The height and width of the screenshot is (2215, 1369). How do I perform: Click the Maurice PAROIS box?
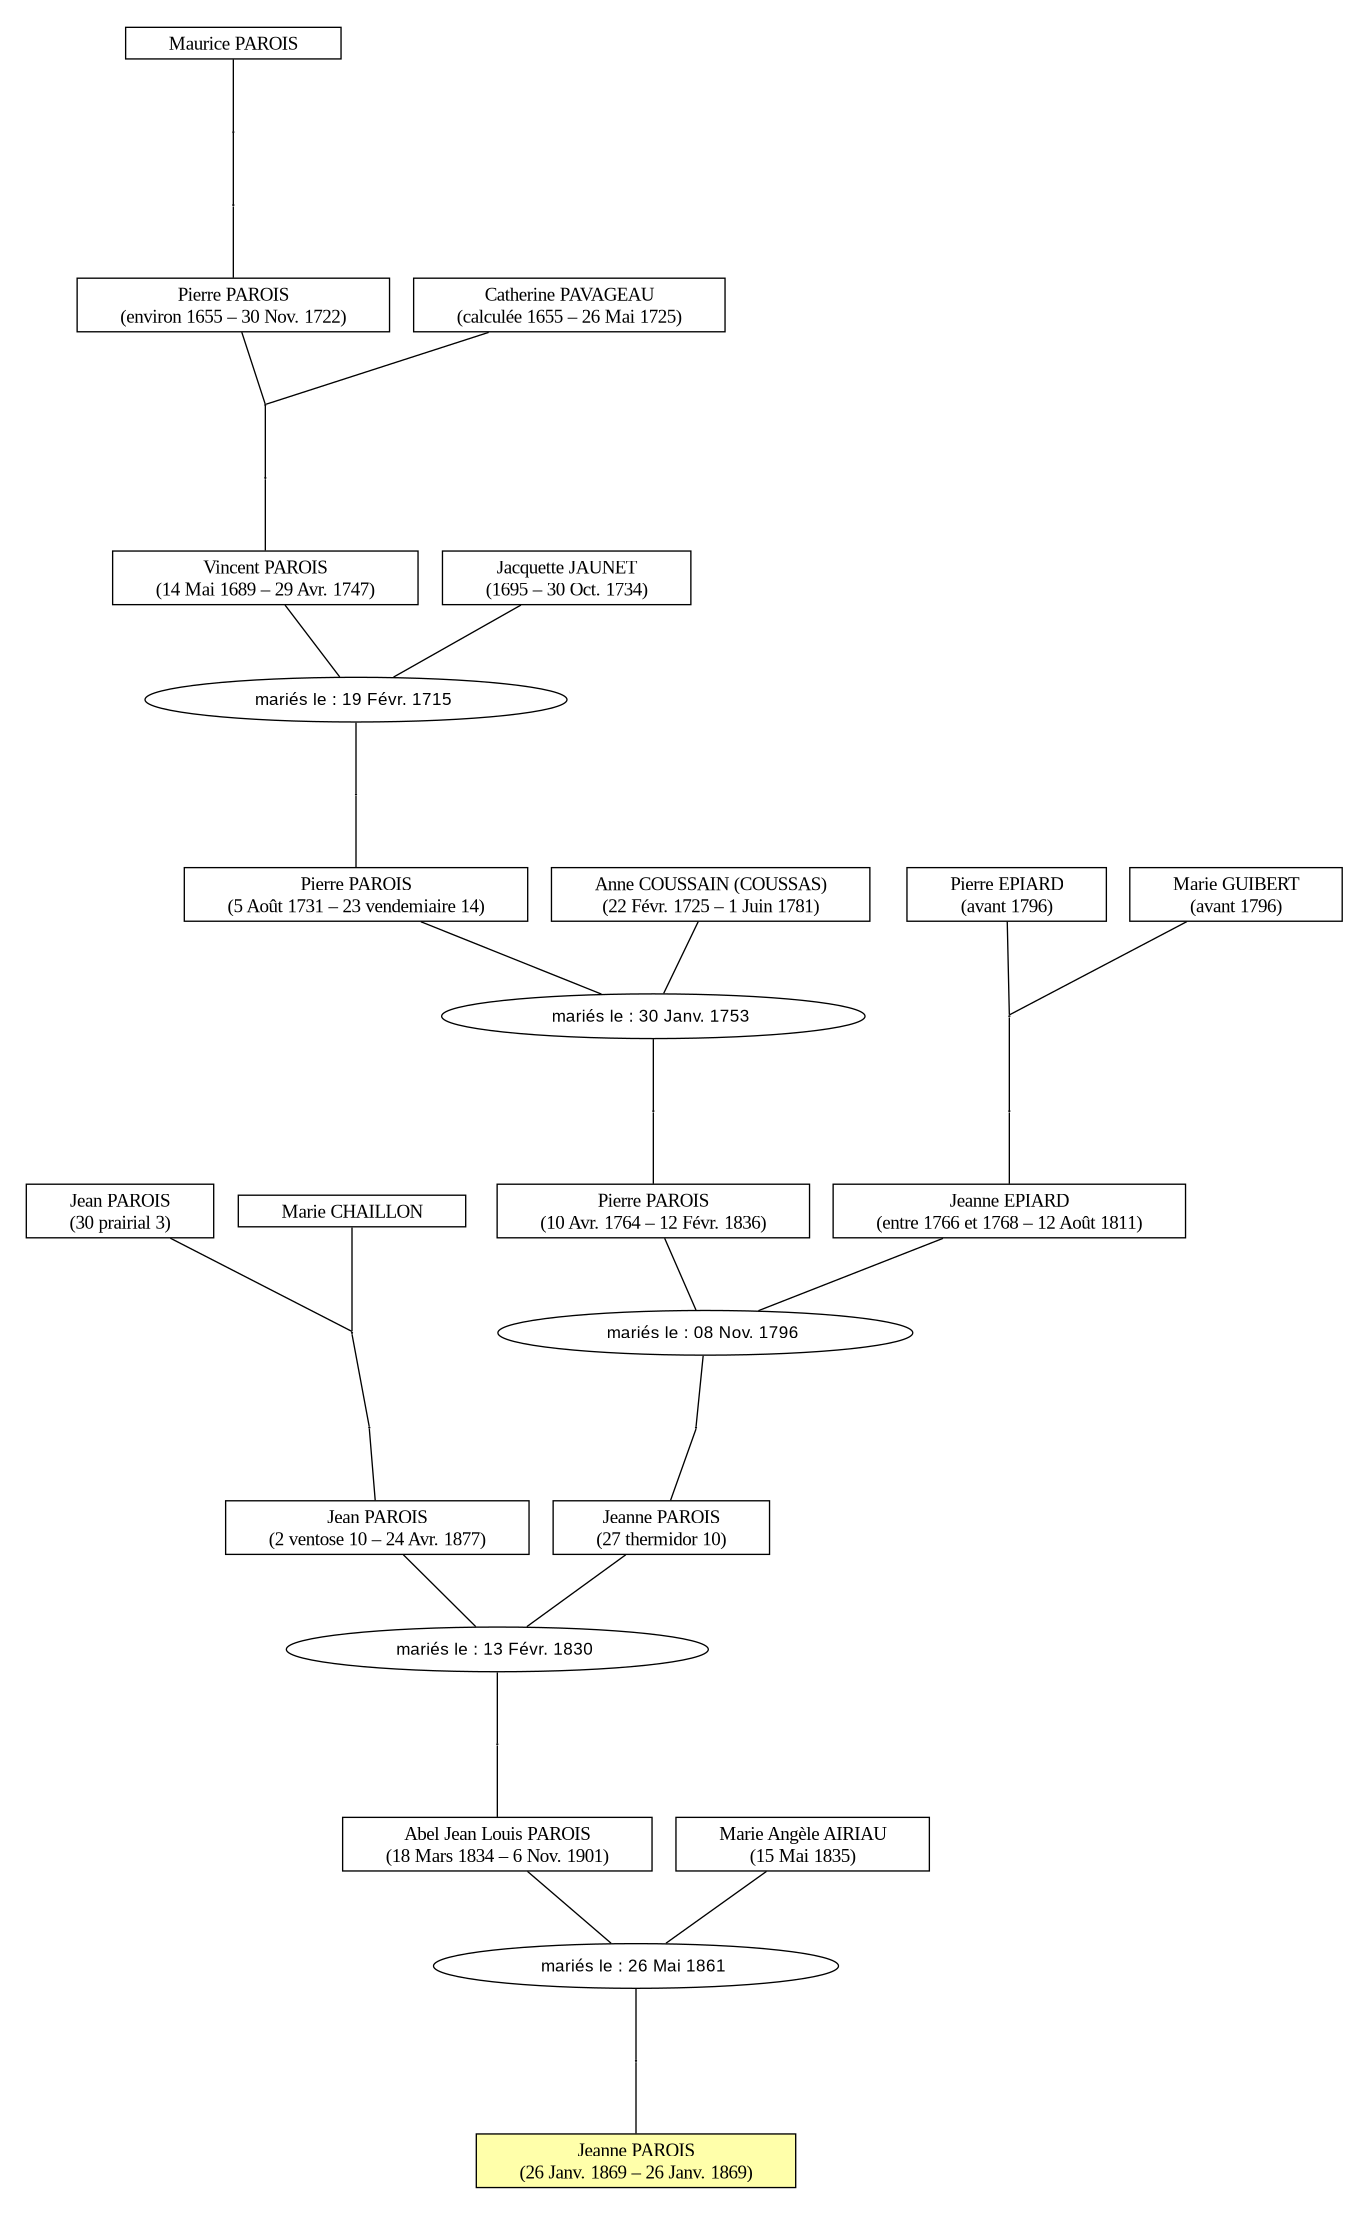coord(233,43)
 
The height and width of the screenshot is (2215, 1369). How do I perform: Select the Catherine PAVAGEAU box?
coord(569,305)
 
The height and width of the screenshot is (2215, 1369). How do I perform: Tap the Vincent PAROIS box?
coord(265,578)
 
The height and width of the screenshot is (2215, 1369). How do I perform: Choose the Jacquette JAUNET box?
coord(566,578)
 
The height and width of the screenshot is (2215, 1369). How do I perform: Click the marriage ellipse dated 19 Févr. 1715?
coord(356,699)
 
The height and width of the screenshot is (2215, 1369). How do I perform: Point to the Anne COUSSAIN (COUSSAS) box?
coord(710,894)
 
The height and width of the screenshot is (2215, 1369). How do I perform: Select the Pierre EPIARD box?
coord(1006,894)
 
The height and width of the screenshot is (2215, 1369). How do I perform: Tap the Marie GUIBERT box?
coord(1236,894)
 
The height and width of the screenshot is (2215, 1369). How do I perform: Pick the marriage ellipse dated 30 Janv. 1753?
coord(653,1016)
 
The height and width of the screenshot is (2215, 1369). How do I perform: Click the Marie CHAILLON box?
coord(352,1211)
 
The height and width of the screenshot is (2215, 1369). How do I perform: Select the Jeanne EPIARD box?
coord(1009,1211)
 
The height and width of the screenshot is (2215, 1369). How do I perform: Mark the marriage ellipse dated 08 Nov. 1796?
coord(705,1332)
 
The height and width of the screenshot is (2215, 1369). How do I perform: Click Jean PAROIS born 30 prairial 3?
coord(120,1211)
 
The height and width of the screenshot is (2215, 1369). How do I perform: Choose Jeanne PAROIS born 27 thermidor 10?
coord(661,1527)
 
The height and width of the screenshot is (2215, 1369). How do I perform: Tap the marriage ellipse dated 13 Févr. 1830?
coord(497,1649)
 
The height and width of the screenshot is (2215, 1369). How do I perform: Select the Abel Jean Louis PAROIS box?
coord(497,1844)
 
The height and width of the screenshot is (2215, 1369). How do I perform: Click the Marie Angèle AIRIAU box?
coord(802,1844)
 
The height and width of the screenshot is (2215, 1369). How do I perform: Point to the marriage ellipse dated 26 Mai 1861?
coord(636,1966)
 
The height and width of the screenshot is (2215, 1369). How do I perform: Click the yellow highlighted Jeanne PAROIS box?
coord(636,2161)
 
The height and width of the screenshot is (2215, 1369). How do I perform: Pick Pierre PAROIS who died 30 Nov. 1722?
coord(233,305)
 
